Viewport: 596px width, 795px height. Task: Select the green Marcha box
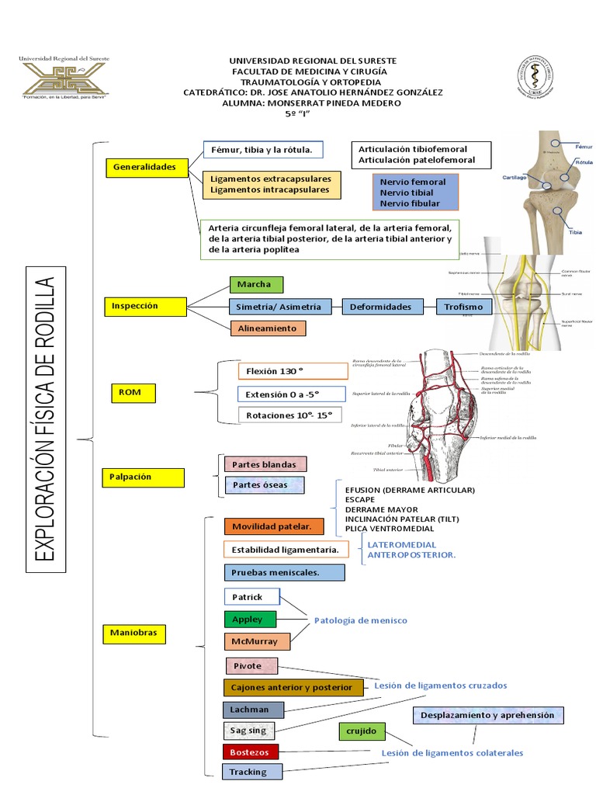[255, 284]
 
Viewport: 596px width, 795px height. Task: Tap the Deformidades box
[380, 307]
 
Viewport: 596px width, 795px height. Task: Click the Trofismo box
[464, 307]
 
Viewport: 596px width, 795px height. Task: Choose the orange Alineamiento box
[267, 328]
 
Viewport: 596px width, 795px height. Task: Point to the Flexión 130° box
[282, 371]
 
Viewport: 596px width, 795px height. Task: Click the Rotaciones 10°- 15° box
[289, 415]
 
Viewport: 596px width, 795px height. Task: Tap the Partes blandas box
[264, 464]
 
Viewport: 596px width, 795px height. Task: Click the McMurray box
[256, 641]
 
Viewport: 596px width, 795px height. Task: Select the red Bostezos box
[249, 752]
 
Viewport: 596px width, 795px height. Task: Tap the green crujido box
[362, 731]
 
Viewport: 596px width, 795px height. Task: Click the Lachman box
[253, 709]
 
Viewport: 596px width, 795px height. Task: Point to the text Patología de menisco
[360, 620]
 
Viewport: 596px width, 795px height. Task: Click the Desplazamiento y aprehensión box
[487, 714]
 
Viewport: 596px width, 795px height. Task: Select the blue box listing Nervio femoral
[414, 192]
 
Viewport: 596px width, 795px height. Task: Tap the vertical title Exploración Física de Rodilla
[46, 418]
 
